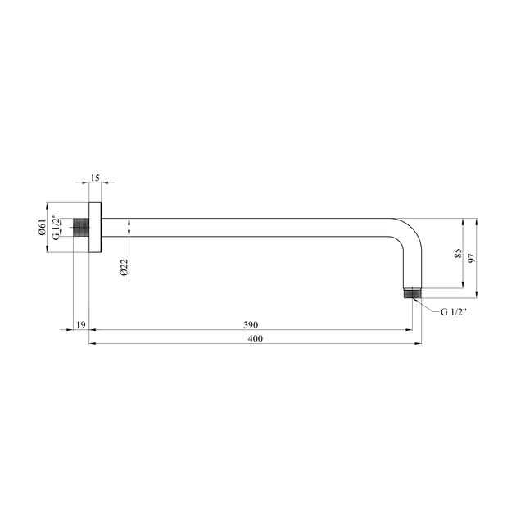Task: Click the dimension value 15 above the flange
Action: (95, 178)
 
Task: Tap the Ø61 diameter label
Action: (42, 229)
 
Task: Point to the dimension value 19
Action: (80, 325)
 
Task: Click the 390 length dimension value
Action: (251, 325)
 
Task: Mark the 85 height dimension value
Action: (458, 253)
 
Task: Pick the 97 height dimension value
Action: (473, 257)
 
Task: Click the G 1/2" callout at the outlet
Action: (455, 312)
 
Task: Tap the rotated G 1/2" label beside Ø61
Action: (55, 228)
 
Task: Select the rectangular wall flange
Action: (94, 229)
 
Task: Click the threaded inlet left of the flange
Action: (80, 228)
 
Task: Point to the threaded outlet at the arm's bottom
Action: (412, 293)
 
